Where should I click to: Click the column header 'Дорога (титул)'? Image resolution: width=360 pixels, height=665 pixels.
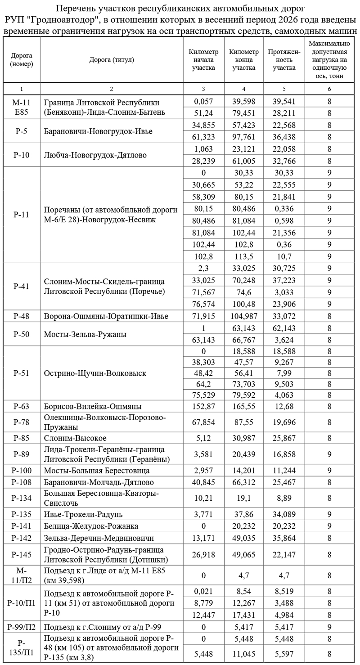click(112, 60)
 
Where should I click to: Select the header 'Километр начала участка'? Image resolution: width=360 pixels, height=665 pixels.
click(203, 60)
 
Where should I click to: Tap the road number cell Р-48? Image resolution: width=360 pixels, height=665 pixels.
click(21, 316)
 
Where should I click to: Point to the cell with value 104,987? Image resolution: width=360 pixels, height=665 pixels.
click(244, 316)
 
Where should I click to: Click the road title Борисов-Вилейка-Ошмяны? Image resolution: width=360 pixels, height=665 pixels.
click(93, 406)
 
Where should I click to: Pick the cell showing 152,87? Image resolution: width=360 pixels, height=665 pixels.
click(203, 406)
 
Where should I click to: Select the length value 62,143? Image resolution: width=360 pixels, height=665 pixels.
click(284, 328)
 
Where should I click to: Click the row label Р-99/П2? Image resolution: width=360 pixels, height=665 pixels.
click(21, 626)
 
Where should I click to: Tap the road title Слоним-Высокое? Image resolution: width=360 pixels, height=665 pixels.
click(75, 438)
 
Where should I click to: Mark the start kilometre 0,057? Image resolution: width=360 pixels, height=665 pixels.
click(203, 103)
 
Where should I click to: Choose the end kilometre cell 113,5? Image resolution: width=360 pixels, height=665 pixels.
click(244, 256)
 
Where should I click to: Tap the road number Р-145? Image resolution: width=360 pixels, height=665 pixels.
click(21, 554)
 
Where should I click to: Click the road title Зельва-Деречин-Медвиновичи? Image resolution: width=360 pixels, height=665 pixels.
click(99, 538)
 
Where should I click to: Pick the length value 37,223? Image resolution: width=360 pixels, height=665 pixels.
click(284, 280)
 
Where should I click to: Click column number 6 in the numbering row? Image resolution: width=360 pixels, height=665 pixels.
click(329, 89)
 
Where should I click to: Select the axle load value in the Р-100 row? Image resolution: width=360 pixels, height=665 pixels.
click(329, 471)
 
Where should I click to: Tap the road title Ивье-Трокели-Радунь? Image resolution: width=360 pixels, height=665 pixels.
click(83, 514)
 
